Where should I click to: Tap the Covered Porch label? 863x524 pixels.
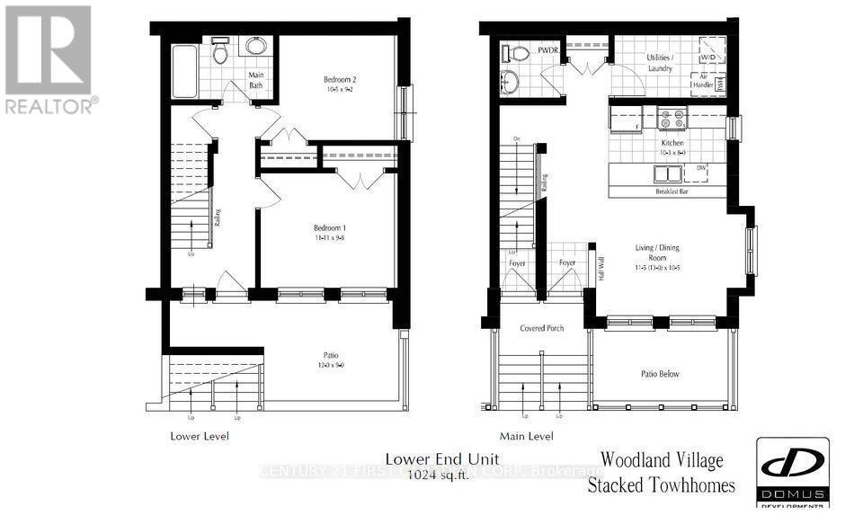pos(542,328)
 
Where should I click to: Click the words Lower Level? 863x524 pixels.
pos(200,436)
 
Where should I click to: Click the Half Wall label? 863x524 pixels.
pos(601,268)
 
